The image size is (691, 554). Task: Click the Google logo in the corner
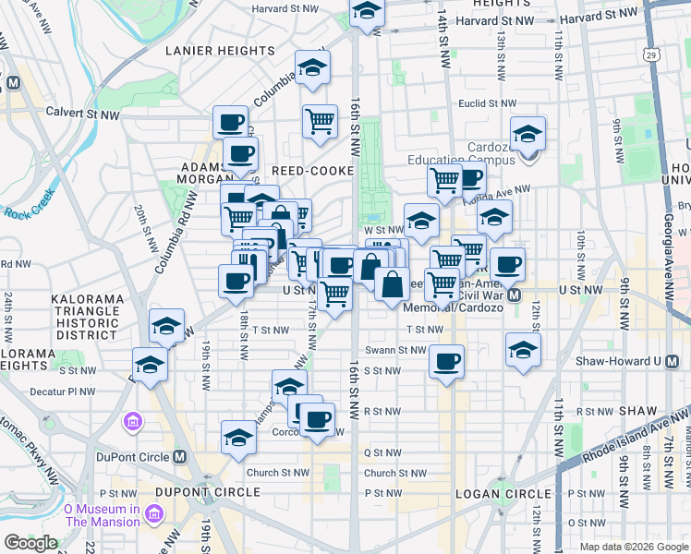(30, 543)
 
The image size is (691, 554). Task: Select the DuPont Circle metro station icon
(180, 456)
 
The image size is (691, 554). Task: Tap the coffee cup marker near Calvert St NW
(230, 121)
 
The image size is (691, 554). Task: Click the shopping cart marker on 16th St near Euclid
(320, 120)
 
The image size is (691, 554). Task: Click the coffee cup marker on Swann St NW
(447, 361)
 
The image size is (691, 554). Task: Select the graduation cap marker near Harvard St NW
(367, 13)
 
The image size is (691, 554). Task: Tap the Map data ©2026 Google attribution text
(633, 546)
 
